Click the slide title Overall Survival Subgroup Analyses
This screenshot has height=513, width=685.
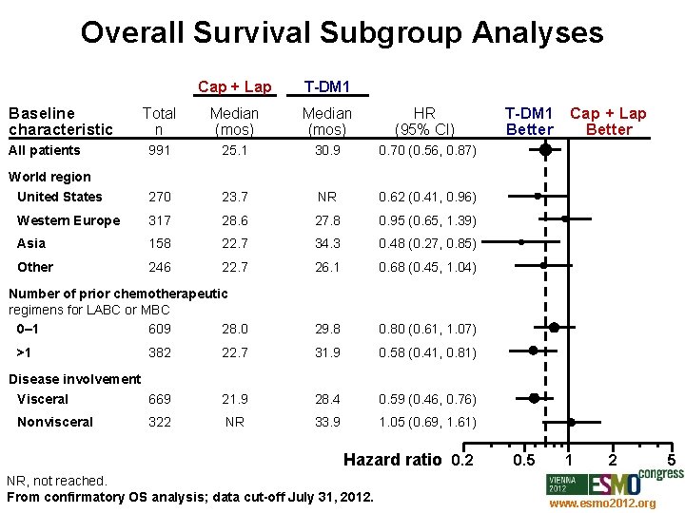342,32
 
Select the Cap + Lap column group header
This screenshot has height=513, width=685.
234,87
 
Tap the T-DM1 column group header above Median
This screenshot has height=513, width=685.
326,87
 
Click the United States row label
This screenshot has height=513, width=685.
59,197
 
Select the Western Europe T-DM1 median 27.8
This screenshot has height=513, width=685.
326,220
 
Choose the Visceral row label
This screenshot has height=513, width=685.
43,399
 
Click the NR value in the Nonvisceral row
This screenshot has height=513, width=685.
234,422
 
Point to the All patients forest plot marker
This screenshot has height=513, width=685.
545,149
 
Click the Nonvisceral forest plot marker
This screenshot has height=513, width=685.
572,422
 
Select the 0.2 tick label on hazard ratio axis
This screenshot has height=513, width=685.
461,461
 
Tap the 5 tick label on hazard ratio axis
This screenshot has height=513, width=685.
671,461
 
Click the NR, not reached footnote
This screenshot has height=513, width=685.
56,482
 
